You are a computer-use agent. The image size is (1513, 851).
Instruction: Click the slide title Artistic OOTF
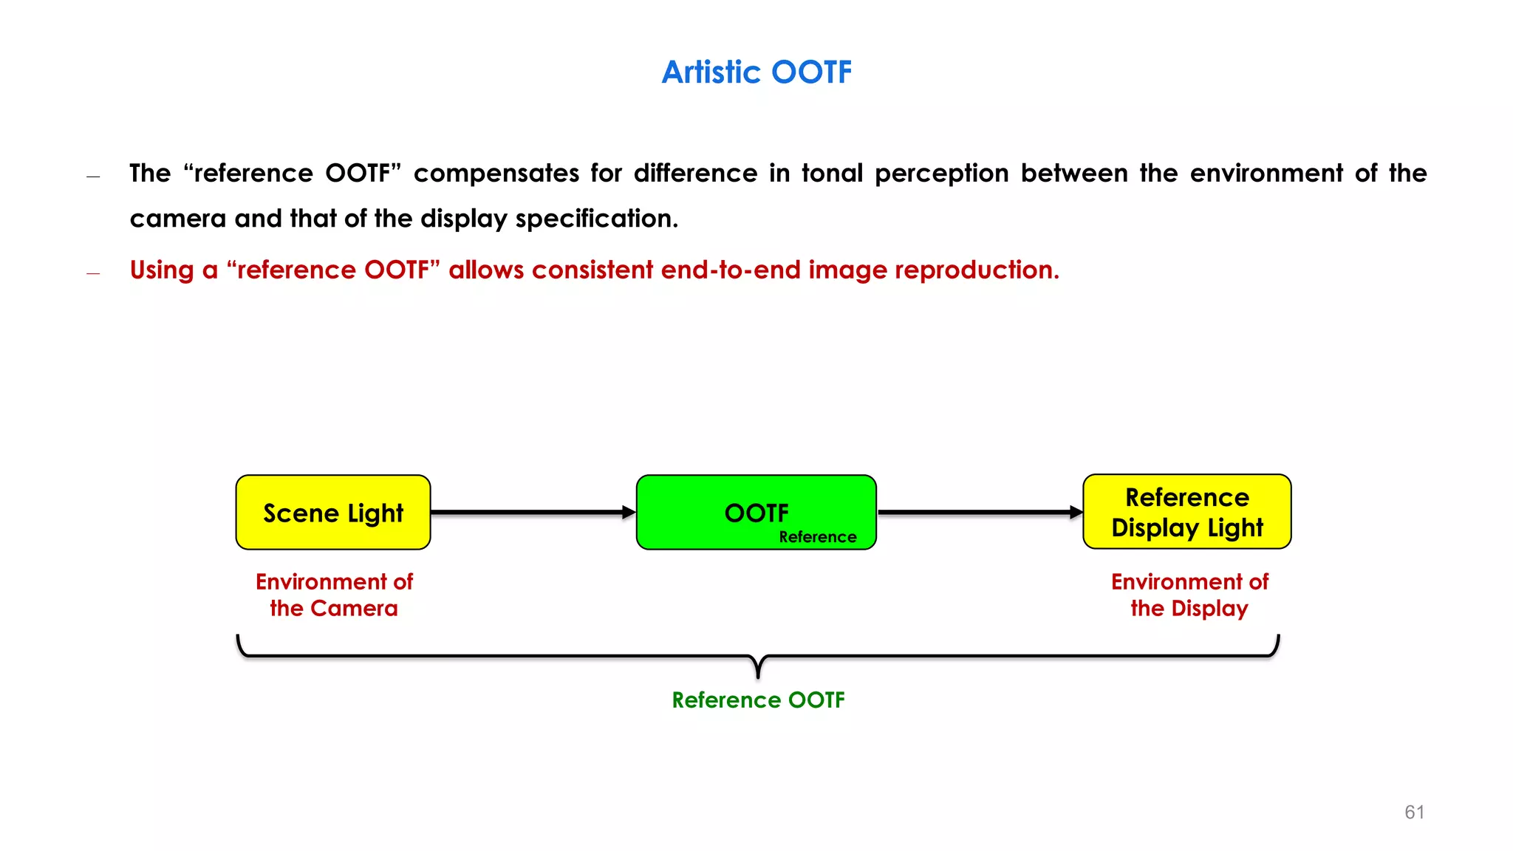(756, 72)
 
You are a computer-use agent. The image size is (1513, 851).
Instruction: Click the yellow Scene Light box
(333, 513)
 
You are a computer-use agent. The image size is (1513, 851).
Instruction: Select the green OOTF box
(756, 513)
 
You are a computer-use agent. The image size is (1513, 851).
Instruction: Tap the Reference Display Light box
(1186, 512)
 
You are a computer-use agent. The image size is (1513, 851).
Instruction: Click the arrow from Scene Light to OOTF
(532, 512)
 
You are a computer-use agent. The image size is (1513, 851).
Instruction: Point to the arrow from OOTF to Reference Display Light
(979, 512)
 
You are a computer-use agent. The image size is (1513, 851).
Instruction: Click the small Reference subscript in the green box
(817, 537)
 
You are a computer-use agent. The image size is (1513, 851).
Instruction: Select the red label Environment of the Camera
(334, 595)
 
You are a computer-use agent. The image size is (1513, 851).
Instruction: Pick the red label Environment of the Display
(1189, 595)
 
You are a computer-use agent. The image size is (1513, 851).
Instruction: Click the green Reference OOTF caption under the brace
(758, 700)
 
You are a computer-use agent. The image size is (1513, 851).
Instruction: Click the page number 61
(1414, 812)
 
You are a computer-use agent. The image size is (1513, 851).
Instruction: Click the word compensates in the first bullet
(496, 174)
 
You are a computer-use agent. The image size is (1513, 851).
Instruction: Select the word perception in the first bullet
(941, 174)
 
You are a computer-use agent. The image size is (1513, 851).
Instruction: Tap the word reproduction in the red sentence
(977, 270)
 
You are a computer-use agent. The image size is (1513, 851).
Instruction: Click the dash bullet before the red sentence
(93, 273)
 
